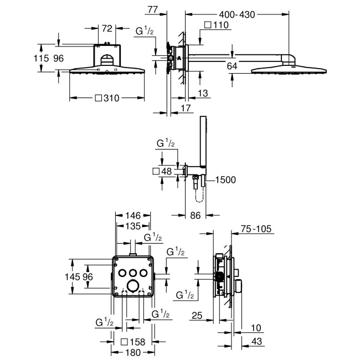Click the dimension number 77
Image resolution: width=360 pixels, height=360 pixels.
pyautogui.click(x=154, y=9)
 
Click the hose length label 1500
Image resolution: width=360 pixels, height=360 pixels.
pyautogui.click(x=225, y=179)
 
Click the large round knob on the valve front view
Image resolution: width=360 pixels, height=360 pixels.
pyautogui.click(x=132, y=285)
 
